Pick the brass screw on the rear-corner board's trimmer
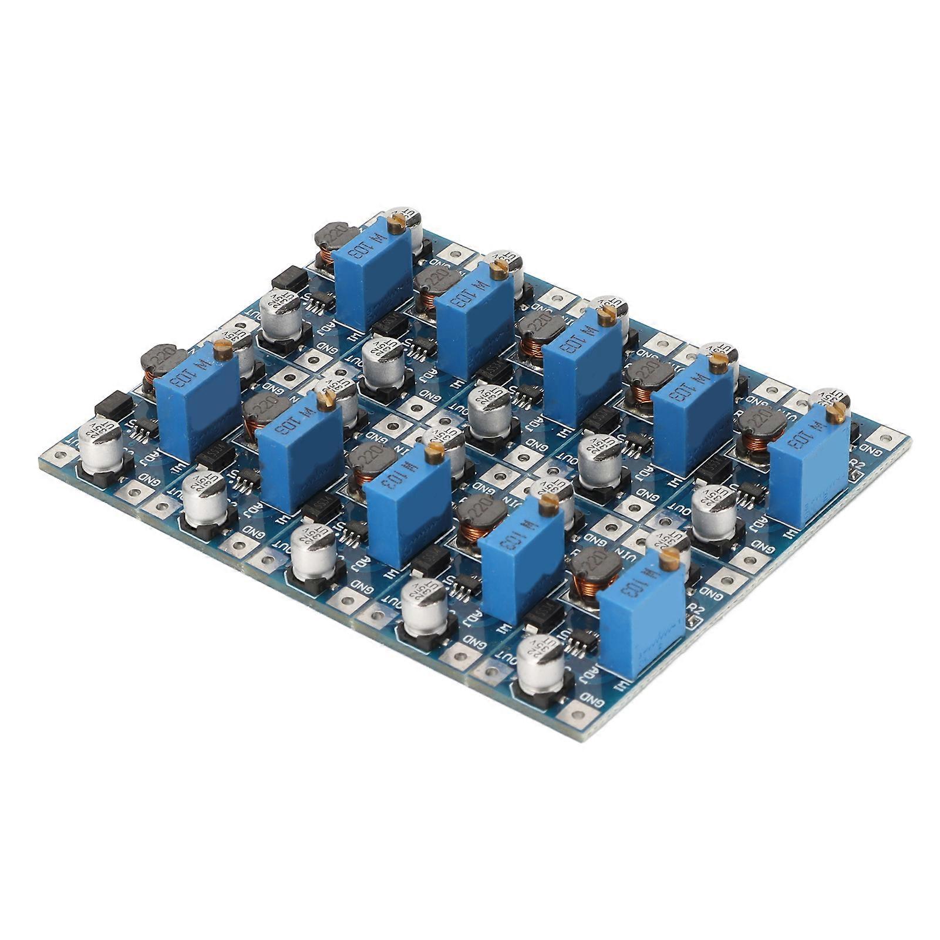(x=398, y=220)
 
